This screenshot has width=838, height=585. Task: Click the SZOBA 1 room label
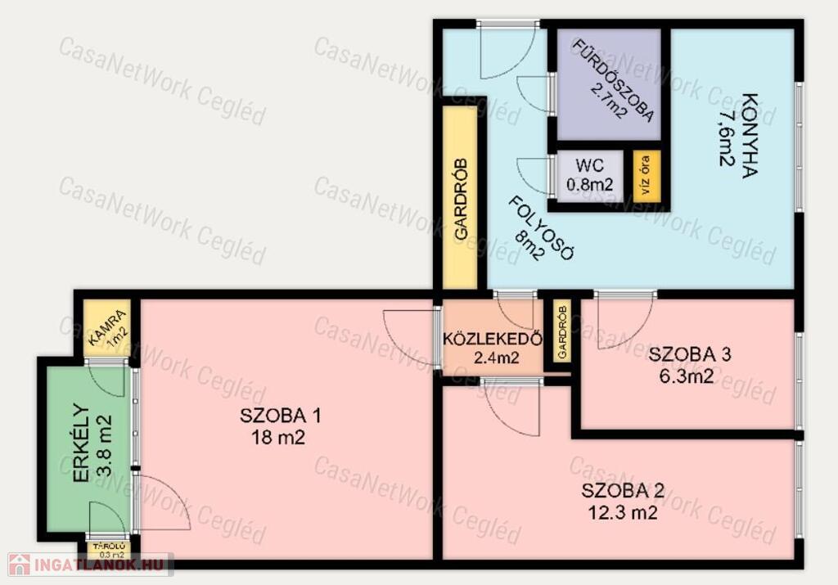tap(280, 416)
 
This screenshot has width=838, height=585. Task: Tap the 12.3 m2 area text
tap(623, 513)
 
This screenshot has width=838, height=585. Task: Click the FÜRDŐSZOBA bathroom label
tap(613, 81)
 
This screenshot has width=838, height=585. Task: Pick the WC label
tap(589, 165)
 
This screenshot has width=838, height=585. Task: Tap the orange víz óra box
tap(647, 176)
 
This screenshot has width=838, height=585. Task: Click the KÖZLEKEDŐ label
tap(493, 339)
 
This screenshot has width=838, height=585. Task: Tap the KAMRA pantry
tap(107, 328)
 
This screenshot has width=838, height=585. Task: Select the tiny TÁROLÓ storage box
tap(109, 550)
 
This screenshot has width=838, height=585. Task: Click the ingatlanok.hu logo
tap(89, 565)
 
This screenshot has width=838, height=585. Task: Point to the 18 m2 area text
tap(278, 438)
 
